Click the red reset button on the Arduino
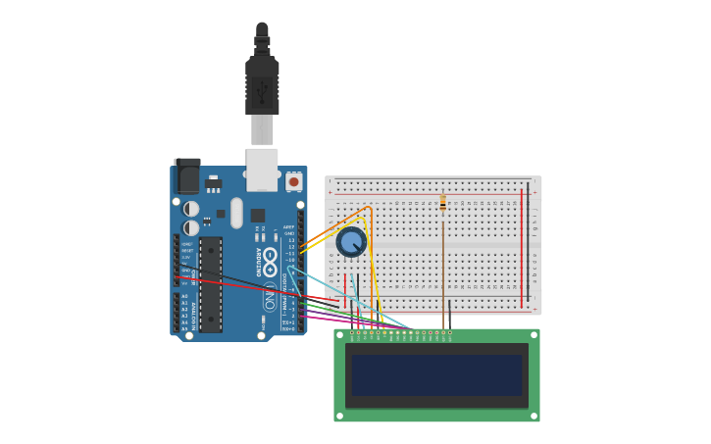[x=293, y=181]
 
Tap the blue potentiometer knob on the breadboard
[x=351, y=241]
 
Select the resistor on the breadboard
[x=443, y=203]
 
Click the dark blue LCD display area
[x=436, y=375]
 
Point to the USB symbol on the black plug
[x=262, y=93]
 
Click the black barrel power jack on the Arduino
[x=186, y=176]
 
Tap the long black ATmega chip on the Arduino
[x=210, y=284]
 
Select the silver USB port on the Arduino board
[x=262, y=169]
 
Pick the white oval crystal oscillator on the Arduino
[x=236, y=213]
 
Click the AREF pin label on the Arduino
[x=288, y=227]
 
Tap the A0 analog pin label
[x=184, y=296]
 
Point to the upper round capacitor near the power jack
[x=191, y=209]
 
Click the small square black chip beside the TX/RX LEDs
[x=257, y=216]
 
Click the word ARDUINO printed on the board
[x=260, y=262]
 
